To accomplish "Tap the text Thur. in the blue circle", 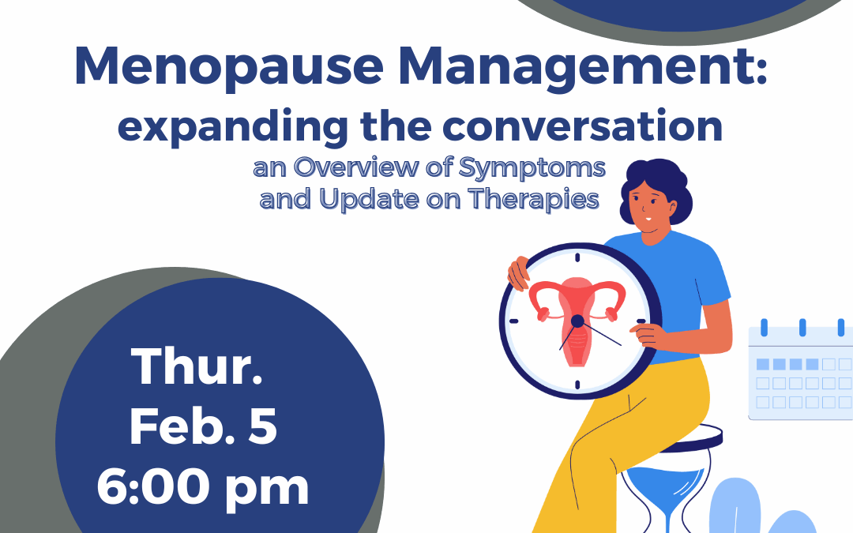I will click(197, 368).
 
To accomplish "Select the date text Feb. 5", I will click(203, 428).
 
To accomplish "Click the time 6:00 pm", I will click(203, 489).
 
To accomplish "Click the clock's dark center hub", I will click(577, 321).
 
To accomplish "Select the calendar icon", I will click(799, 371).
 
